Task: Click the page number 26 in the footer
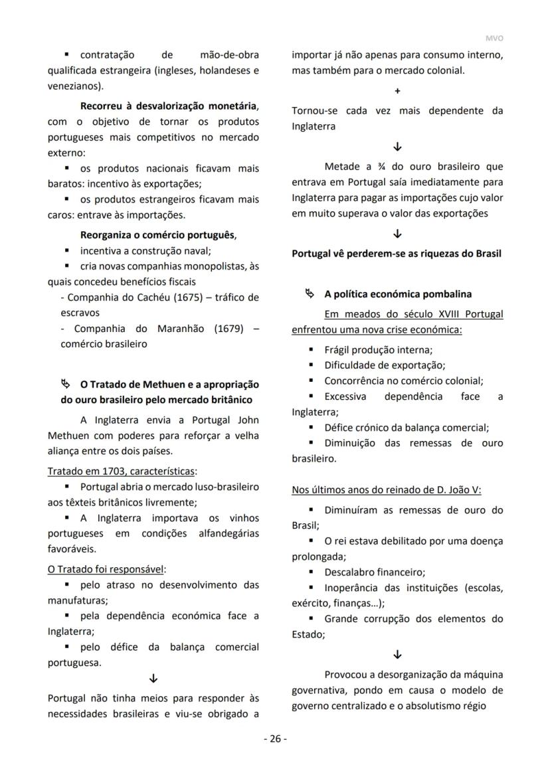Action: pos(275,738)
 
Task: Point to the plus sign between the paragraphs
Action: pos(397,90)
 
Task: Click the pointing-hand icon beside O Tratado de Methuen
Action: pos(66,384)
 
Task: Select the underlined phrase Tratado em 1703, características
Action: pos(122,471)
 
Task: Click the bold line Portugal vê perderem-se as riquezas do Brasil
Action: pos(397,254)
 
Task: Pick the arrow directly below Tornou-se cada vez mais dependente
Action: pos(397,147)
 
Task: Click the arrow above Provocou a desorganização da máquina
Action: pos(397,654)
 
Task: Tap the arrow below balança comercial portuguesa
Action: pos(153,679)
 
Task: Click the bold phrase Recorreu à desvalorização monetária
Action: pos(169,106)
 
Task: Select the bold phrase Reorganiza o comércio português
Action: pos(157,235)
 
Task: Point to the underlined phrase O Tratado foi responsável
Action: pos(106,569)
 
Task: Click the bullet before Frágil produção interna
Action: pos(311,349)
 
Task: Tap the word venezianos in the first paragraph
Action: pos(74,86)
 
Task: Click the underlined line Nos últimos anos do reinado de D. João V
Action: pos(387,490)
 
